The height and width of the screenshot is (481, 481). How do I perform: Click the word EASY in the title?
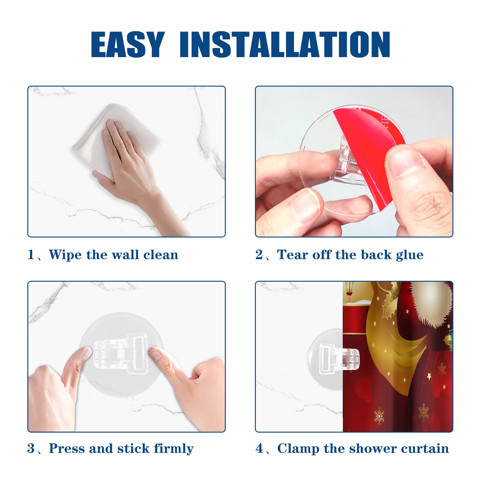(x=128, y=44)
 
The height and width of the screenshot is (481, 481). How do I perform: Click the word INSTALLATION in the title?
(x=284, y=44)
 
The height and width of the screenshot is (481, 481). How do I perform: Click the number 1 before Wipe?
(x=31, y=255)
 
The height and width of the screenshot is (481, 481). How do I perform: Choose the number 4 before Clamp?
(x=259, y=449)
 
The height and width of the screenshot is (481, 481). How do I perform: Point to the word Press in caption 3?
(x=66, y=449)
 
